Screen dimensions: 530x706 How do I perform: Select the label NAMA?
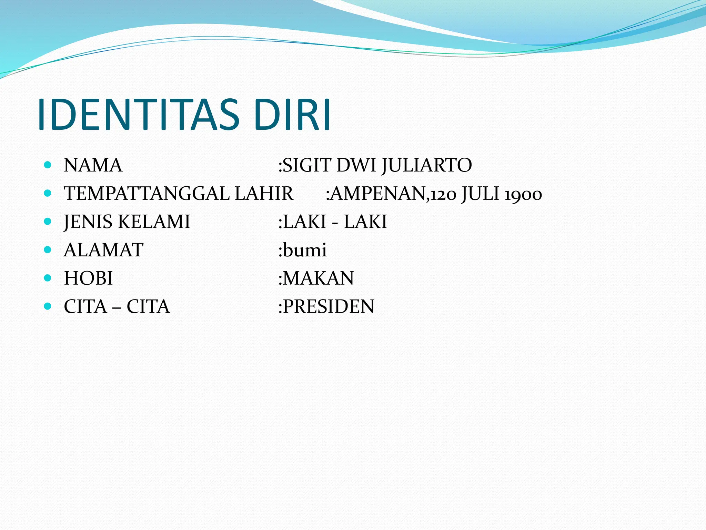[93, 165]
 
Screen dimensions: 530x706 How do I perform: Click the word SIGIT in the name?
[307, 165]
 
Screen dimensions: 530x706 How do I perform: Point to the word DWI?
[356, 165]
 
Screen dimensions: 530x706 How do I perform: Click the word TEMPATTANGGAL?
[147, 194]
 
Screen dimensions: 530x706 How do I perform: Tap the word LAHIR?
[264, 194]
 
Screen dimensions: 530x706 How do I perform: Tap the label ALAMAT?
[103, 250]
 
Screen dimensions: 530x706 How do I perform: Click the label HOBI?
[88, 278]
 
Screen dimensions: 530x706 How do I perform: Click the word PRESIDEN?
[329, 307]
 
